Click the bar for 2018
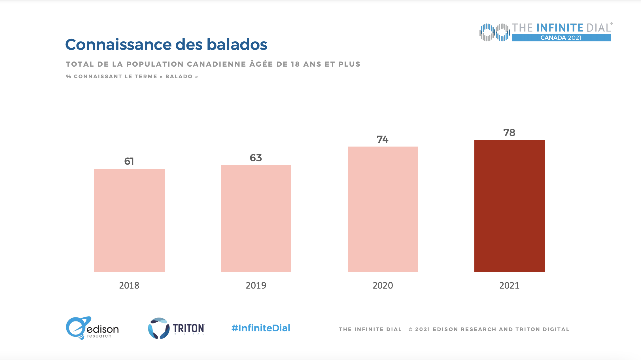129,220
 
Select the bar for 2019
256,219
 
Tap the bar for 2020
383,209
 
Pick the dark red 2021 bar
510,206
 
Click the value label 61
129,161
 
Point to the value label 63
256,158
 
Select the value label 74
383,139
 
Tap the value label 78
509,133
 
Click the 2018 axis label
129,285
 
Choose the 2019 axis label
256,285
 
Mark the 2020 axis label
383,285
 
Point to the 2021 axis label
510,285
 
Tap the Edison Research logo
92,328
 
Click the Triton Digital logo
176,328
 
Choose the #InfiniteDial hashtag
261,328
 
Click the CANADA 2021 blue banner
561,38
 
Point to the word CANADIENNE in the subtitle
217,64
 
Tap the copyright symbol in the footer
410,329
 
